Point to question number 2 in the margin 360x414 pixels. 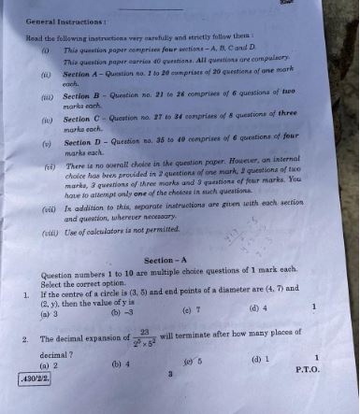pyautogui.click(x=27, y=339)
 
